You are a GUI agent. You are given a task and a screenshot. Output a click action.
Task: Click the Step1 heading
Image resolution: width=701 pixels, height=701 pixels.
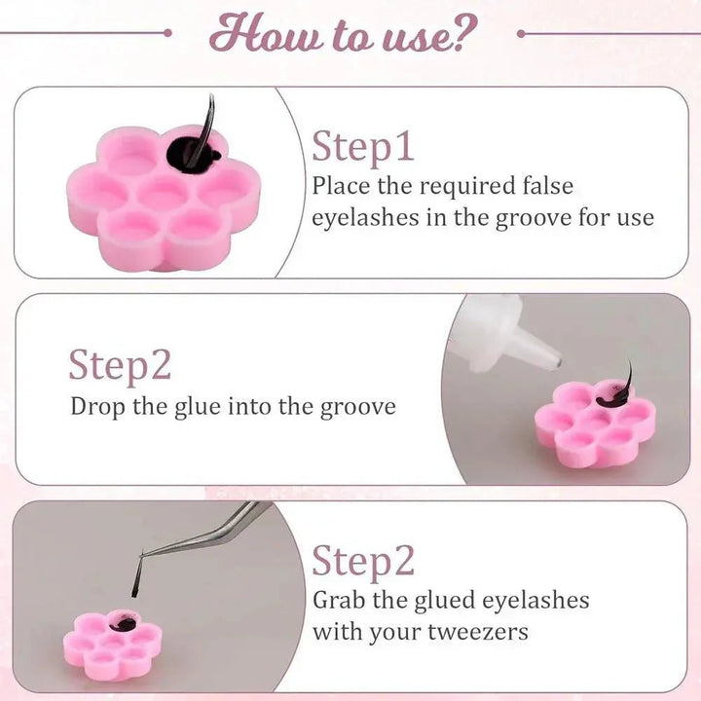tap(362, 148)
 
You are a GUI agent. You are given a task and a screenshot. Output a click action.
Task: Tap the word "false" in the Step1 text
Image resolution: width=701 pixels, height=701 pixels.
tap(547, 186)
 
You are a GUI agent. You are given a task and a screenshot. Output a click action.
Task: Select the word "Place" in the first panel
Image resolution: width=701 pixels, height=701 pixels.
tap(341, 186)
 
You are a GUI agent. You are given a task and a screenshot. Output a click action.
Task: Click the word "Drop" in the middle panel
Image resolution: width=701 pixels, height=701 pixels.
tap(97, 407)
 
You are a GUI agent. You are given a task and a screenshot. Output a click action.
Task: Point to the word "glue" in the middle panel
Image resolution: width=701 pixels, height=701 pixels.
tap(197, 408)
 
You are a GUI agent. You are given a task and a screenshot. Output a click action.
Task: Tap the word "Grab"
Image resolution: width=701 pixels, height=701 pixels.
tap(339, 600)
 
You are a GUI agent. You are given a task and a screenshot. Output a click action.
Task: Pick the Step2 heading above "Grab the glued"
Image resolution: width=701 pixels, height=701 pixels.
tap(363, 562)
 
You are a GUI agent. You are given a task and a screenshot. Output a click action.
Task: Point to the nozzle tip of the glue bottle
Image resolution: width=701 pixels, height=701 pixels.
tap(557, 362)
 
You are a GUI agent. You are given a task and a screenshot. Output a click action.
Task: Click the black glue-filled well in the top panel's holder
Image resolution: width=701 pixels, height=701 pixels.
tap(193, 152)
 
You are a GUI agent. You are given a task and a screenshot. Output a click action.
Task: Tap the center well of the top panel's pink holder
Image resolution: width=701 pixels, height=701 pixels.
tap(162, 193)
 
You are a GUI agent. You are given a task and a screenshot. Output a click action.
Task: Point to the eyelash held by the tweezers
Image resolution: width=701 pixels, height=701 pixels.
tap(136, 576)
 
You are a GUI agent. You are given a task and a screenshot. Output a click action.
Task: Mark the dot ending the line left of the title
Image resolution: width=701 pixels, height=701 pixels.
tap(167, 33)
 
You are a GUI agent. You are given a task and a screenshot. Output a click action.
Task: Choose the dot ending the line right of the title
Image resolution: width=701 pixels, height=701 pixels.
tap(521, 33)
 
